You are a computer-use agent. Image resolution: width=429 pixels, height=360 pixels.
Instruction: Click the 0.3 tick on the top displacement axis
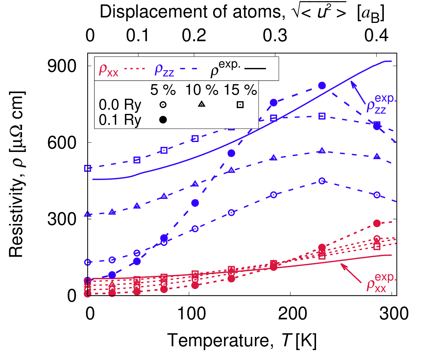click(x=275, y=35)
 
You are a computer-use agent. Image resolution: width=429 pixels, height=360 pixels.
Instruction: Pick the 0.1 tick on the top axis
click(x=138, y=35)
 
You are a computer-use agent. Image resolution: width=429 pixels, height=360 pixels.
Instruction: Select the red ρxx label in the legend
click(x=108, y=70)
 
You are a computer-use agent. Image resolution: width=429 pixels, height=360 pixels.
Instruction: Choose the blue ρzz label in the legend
click(x=164, y=70)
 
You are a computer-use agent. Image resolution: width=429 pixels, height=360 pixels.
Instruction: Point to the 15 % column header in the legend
click(x=240, y=90)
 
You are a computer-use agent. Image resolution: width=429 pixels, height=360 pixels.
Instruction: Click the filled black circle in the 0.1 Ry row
click(x=163, y=120)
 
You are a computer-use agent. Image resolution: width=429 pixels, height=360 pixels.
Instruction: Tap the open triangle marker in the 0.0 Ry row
click(x=202, y=104)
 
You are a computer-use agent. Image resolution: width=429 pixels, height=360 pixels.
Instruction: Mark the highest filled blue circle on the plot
click(x=322, y=85)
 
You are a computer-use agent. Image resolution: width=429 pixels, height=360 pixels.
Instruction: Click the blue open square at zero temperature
click(x=88, y=168)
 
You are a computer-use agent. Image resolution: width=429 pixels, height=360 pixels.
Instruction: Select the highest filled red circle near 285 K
click(x=377, y=223)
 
